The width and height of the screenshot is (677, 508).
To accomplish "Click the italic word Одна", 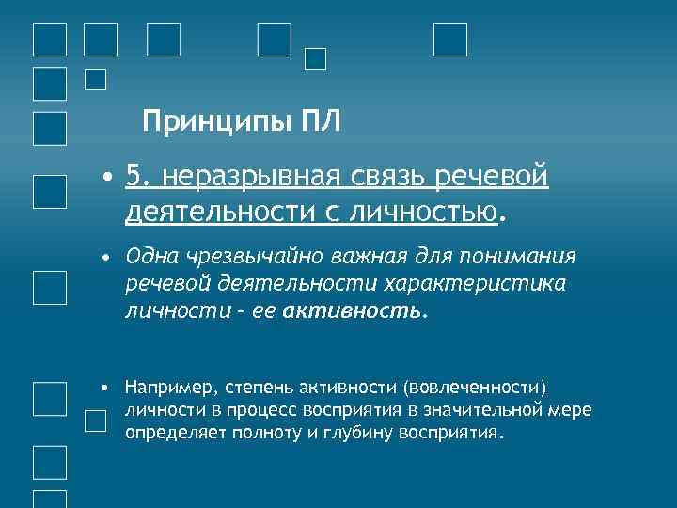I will [151, 257].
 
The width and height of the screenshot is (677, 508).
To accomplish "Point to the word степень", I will [260, 387].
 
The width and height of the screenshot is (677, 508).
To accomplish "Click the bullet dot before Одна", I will [108, 257].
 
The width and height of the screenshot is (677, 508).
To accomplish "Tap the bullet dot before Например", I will [107, 387].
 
